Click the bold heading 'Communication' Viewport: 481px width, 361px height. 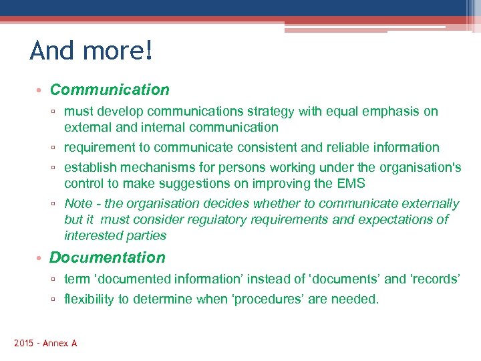tap(110, 90)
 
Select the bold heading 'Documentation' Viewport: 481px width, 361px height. tap(108, 257)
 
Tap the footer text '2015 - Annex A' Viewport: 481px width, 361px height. tap(45, 343)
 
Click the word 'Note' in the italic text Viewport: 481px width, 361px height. tap(78, 203)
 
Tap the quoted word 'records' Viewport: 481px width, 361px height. tap(434, 279)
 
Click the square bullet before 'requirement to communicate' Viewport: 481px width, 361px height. tap(56, 148)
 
